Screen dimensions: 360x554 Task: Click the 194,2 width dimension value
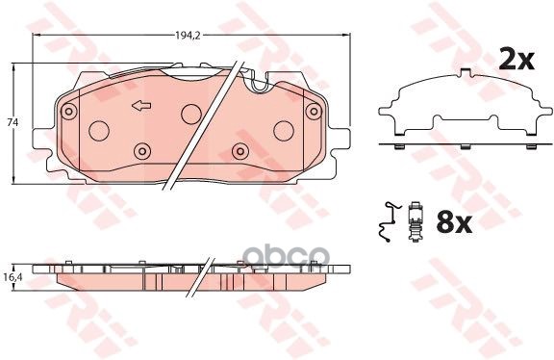[188, 35]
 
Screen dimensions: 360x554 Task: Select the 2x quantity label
[515, 61]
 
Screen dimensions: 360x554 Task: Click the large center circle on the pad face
[190, 113]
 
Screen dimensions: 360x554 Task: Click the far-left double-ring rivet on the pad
[68, 113]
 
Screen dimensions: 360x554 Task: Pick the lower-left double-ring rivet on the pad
[142, 150]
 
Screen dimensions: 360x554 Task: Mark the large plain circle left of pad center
[99, 130]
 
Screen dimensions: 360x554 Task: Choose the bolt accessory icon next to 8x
[416, 223]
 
